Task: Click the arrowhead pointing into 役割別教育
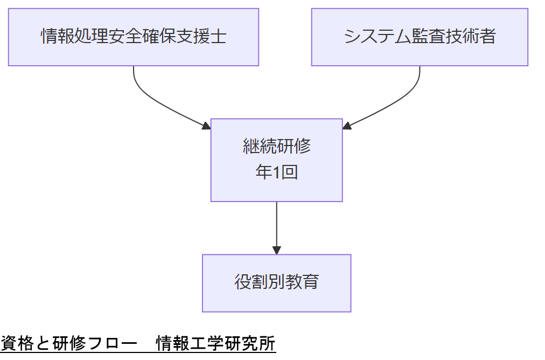(x=276, y=250)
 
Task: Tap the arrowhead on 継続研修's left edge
(x=206, y=126)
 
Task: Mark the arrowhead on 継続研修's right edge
(x=347, y=126)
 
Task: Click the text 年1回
(x=276, y=172)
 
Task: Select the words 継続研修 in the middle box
(x=276, y=146)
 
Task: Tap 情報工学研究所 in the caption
(x=216, y=344)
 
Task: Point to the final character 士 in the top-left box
(x=219, y=37)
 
